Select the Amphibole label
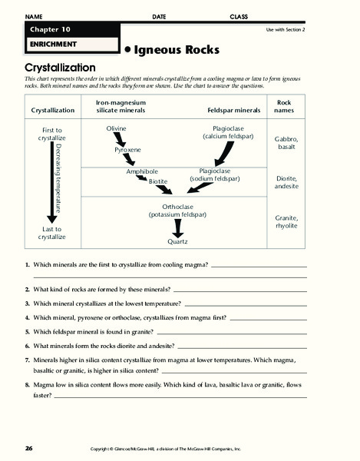coord(142,171)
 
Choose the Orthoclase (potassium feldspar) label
coord(177,211)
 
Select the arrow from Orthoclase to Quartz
coord(178,228)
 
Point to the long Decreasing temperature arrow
coord(52,182)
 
